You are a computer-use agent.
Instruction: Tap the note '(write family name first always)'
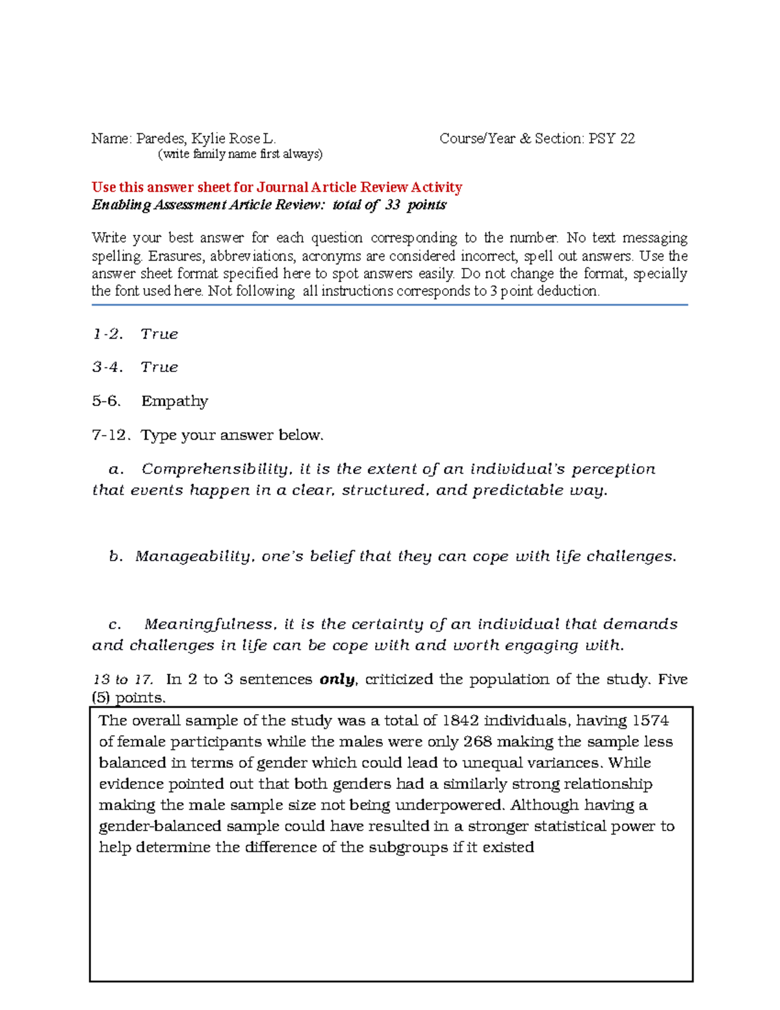pyautogui.click(x=240, y=154)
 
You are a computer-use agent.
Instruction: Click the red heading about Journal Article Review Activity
pyautogui.click(x=277, y=187)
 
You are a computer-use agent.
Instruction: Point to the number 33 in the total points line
pyautogui.click(x=393, y=205)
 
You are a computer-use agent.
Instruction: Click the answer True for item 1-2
pyautogui.click(x=159, y=334)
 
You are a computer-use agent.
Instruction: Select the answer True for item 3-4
pyautogui.click(x=159, y=367)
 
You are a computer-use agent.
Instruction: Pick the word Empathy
pyautogui.click(x=175, y=401)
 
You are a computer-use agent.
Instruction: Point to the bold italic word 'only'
pyautogui.click(x=337, y=680)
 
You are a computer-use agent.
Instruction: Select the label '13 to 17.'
pyautogui.click(x=123, y=680)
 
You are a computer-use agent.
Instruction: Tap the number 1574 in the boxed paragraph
pyautogui.click(x=650, y=721)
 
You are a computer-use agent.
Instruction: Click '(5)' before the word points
pyautogui.click(x=101, y=698)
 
